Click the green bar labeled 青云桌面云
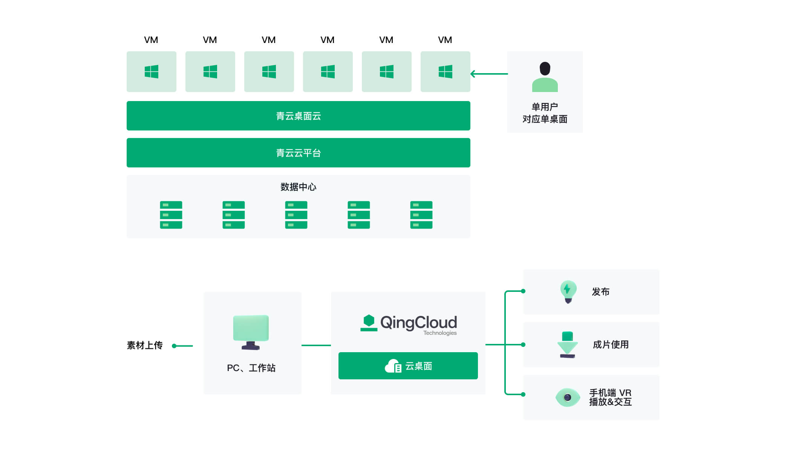click(x=298, y=116)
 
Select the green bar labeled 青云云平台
click(x=298, y=153)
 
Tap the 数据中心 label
click(x=298, y=187)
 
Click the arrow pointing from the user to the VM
click(x=489, y=74)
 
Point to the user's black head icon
click(x=545, y=69)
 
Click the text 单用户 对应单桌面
click(x=545, y=113)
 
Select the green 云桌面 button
click(x=408, y=366)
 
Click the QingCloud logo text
click(x=418, y=323)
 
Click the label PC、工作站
click(x=251, y=368)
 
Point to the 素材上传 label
click(x=145, y=345)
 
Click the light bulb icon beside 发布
click(x=568, y=292)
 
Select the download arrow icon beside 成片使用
click(x=567, y=345)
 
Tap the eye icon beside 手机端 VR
click(x=568, y=397)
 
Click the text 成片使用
click(x=611, y=345)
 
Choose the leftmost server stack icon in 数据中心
click(x=171, y=215)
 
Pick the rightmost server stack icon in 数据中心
click(x=421, y=215)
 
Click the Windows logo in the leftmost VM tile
click(x=152, y=72)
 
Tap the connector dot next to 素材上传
click(x=174, y=346)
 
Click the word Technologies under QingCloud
click(x=440, y=333)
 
